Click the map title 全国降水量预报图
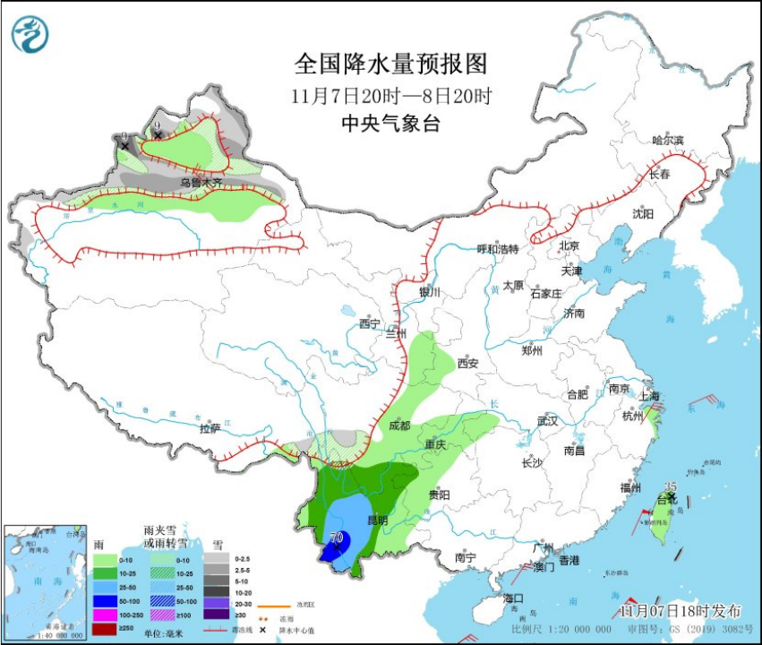pos(392,64)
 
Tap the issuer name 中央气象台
pos(392,125)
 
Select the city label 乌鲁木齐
pos(201,183)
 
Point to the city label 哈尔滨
pos(668,141)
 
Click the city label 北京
pos(569,245)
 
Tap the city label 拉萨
pos(210,428)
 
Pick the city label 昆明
pos(378,520)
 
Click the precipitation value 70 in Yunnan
pos(337,538)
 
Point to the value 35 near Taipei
pos(672,486)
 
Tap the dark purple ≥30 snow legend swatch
pos(216,614)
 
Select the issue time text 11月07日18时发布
pos(682,611)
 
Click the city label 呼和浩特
pos(497,249)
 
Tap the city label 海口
pos(513,598)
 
